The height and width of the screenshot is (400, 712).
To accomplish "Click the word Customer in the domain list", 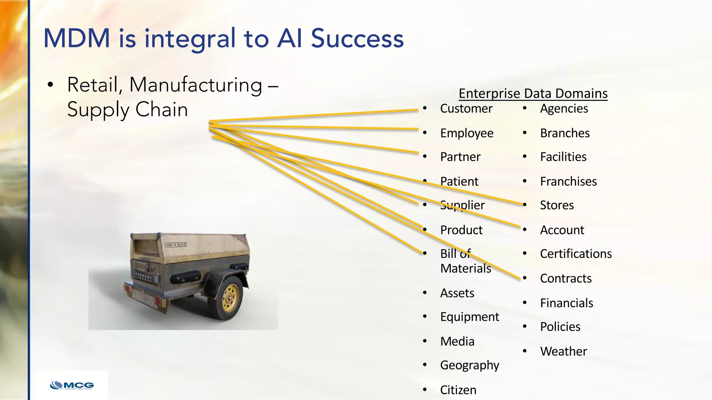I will tap(466, 109).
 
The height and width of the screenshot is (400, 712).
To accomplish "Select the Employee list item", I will tap(467, 133).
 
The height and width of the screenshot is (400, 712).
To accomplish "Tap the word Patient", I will tap(459, 182).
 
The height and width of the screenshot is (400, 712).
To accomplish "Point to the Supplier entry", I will tap(462, 205).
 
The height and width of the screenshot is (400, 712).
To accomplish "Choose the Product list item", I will tap(461, 230).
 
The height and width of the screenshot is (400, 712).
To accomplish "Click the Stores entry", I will tap(557, 205).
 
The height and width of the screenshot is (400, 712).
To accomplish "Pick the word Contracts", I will tap(565, 278).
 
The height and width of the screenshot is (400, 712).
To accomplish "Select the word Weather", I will tap(563, 351).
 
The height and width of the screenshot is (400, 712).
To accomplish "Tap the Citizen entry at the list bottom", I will tap(458, 390).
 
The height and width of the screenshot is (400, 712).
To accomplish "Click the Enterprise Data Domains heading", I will tap(533, 94).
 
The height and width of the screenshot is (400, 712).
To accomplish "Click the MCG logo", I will tap(72, 385).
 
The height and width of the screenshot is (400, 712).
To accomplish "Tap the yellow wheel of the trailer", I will tap(230, 298).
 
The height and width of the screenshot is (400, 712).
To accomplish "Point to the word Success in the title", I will tap(357, 39).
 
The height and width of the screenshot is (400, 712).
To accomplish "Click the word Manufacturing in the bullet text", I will tap(196, 85).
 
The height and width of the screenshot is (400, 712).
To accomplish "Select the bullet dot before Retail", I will tap(51, 85).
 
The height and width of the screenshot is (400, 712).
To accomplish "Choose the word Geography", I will tap(469, 365).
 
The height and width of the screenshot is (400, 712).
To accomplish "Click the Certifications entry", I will tap(575, 254).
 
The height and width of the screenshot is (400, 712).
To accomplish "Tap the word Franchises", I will tap(568, 182).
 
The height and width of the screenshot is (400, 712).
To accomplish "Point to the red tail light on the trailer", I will tap(128, 289).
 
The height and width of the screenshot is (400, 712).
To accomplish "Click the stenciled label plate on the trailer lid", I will tap(176, 245).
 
